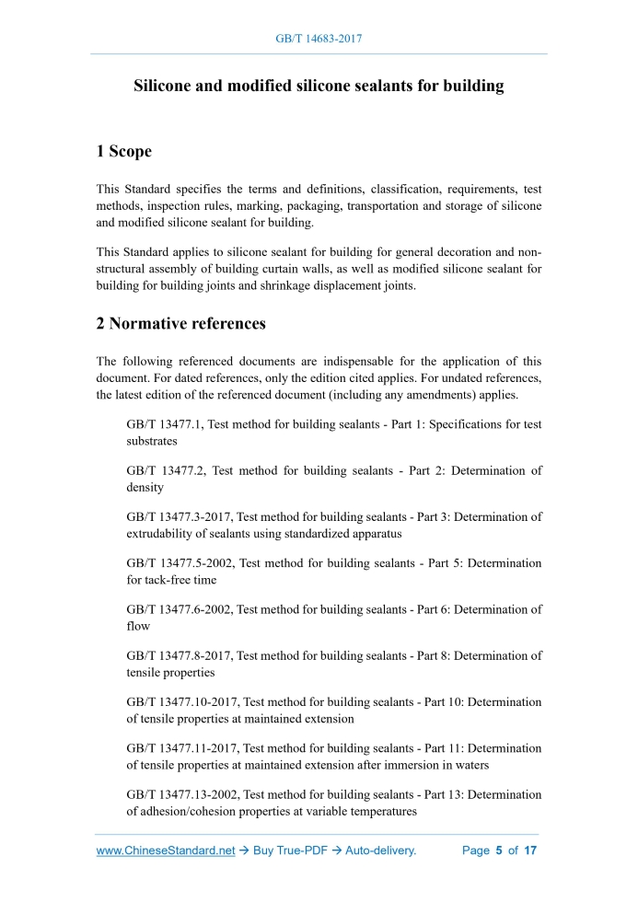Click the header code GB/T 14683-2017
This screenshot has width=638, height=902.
point(319,40)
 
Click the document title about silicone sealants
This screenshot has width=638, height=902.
point(319,86)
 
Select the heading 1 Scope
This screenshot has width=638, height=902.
point(124,151)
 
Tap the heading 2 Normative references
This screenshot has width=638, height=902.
point(181,323)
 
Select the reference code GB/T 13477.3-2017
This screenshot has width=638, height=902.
point(179,516)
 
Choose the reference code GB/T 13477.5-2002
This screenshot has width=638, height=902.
point(179,562)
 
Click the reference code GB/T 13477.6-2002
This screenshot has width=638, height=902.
point(179,608)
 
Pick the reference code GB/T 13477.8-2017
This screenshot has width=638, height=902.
point(179,655)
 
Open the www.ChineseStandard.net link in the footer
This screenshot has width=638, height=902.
point(166,850)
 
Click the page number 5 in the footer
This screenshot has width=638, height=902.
point(498,850)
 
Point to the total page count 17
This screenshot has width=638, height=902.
point(529,850)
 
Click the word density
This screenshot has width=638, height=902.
point(145,487)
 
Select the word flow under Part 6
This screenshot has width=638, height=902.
point(137,626)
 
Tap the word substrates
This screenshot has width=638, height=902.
point(152,441)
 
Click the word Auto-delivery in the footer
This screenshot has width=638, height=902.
point(380,850)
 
